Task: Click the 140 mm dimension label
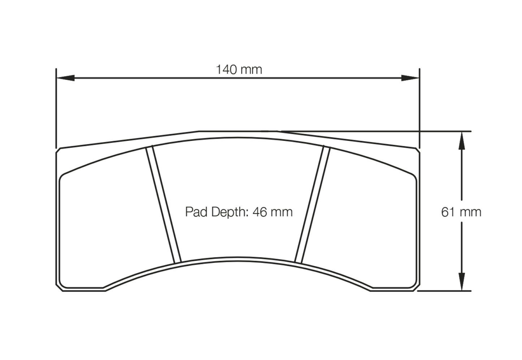[239, 69]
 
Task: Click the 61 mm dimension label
[461, 212]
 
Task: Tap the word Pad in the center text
[197, 212]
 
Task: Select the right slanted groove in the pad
[312, 204]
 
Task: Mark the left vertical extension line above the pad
[56, 108]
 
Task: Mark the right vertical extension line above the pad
[419, 108]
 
